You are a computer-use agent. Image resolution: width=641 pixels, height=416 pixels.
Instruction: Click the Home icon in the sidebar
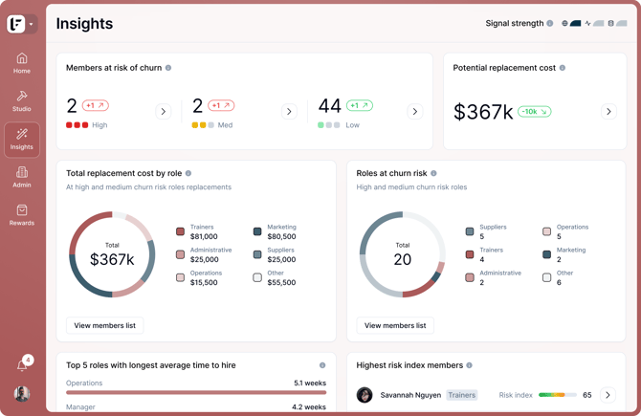pos(22,58)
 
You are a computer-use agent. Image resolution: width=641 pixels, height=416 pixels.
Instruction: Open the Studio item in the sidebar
pos(22,101)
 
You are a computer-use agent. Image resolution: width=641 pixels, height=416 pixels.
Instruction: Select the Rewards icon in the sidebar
pos(22,210)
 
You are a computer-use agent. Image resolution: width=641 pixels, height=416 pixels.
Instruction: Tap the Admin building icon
pos(22,172)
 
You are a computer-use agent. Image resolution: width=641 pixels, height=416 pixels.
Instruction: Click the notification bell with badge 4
pos(23,363)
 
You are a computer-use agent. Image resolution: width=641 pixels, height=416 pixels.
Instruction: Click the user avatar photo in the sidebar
pos(22,393)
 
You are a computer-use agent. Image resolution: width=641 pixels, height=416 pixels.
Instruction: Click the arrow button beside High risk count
pos(163,111)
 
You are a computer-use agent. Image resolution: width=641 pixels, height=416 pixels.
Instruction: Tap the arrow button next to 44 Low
pos(415,111)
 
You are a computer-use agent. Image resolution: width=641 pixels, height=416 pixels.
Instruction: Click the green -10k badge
pos(534,111)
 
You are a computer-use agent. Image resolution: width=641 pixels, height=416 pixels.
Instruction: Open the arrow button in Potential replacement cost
pos(608,111)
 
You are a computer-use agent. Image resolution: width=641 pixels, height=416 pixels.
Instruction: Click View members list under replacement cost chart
pos(104,325)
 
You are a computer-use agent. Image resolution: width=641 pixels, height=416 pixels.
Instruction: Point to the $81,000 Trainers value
pos(204,236)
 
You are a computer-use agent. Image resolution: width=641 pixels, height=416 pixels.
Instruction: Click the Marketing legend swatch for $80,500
pos(257,231)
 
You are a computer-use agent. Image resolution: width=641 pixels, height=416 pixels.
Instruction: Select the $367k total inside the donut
pos(112,259)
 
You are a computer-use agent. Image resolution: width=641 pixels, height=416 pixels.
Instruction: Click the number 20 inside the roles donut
pos(402,259)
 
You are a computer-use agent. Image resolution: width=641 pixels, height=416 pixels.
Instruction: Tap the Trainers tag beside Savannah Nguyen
pos(461,395)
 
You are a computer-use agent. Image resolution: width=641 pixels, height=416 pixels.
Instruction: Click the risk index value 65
pos(587,395)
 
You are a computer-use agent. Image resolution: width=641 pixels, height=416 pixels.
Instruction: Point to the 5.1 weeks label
pos(310,383)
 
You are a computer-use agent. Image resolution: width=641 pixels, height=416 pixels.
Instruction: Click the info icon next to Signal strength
pos(550,23)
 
